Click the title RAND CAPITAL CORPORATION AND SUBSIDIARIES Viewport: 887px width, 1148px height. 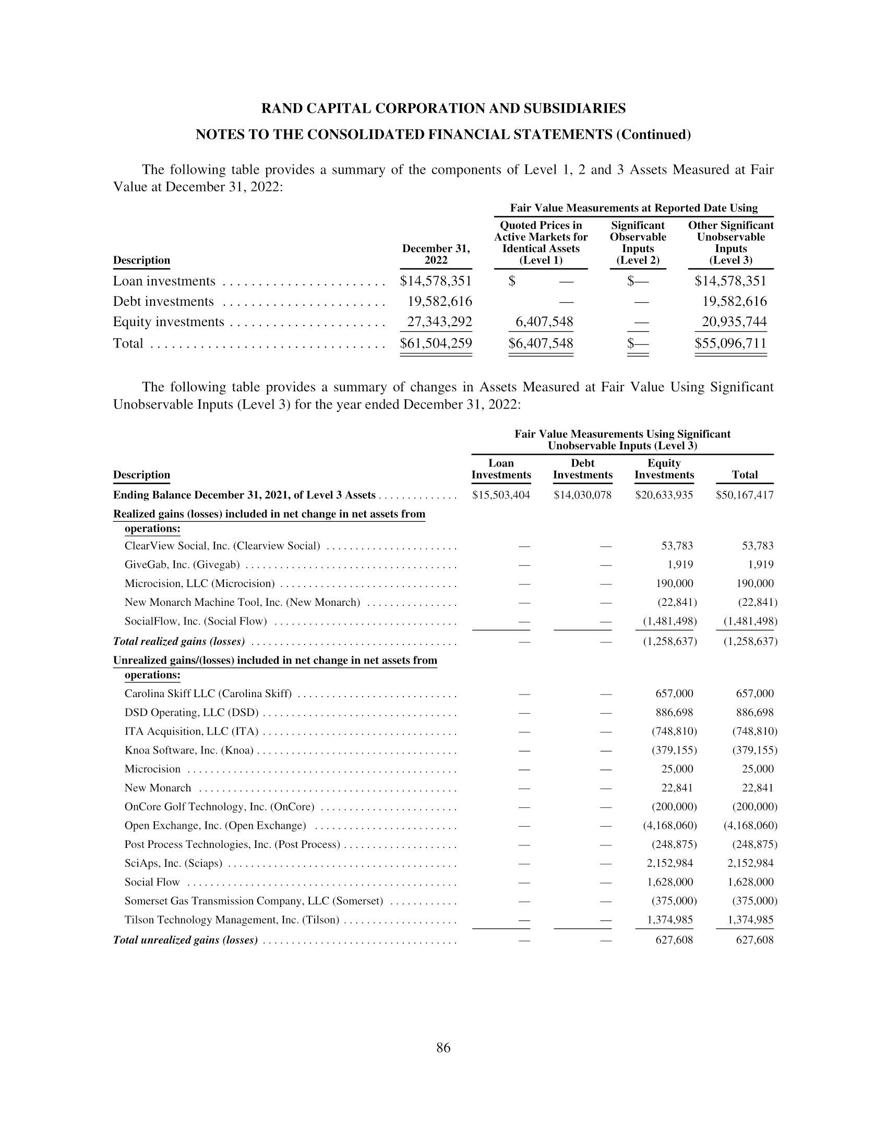pos(443,109)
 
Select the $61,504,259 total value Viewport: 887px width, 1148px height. pos(436,343)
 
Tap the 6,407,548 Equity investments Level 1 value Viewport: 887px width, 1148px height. pos(544,321)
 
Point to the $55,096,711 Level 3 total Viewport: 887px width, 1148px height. pos(730,343)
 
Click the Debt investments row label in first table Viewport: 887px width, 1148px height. pos(163,302)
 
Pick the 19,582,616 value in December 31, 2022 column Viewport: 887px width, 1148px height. pos(440,302)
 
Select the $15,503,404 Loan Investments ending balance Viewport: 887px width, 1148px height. pos(501,495)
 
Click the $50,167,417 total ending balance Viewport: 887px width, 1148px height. pos(744,495)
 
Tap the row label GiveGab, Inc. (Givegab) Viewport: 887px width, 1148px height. pos(182,565)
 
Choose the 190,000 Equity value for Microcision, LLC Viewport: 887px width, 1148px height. pos(674,583)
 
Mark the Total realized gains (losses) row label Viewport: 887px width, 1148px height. pos(179,641)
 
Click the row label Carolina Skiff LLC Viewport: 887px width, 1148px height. pos(208,694)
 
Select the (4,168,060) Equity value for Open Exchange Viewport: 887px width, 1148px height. pos(669,826)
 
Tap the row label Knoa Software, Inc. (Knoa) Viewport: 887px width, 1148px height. pos(189,750)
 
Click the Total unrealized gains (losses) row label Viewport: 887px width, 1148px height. pos(186,940)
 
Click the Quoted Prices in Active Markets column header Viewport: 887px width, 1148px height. pos(541,243)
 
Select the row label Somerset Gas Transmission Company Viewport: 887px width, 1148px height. pos(254,901)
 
